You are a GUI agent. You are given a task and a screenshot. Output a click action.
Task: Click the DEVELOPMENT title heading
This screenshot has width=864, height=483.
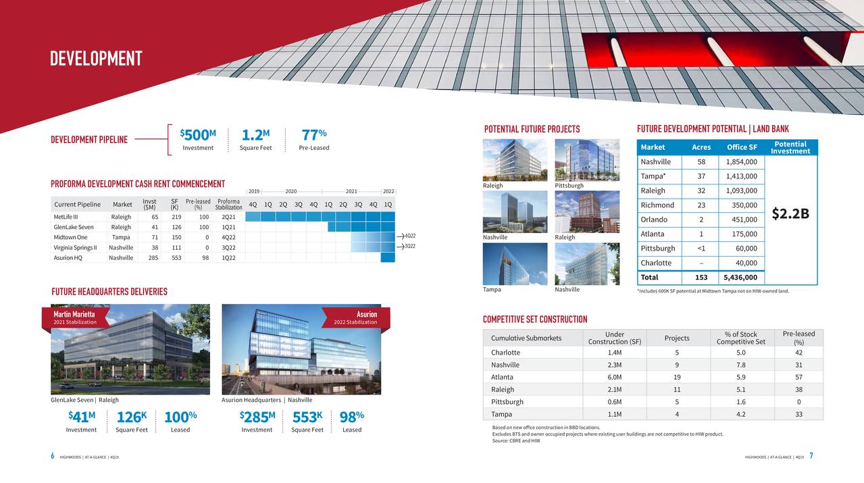coord(96,59)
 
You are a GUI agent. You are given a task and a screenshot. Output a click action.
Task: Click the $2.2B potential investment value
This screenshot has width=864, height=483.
coord(790,213)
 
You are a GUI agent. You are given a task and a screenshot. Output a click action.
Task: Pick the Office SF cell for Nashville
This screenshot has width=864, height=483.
coord(741,162)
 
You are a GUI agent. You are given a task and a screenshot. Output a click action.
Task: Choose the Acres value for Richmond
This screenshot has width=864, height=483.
coord(701,205)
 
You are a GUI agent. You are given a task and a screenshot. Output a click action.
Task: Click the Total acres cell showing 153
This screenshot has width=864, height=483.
coord(701,278)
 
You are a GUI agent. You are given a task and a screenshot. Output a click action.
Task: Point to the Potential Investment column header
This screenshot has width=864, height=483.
coord(790,148)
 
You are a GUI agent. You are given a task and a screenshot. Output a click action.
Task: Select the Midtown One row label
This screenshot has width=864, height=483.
coord(71,237)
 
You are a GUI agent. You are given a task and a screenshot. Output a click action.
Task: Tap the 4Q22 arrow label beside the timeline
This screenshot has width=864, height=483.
coord(409,236)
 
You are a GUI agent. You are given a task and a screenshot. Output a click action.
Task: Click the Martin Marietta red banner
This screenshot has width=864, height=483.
coord(75,317)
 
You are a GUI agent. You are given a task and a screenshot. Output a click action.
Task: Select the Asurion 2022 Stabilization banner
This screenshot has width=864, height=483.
coord(357,317)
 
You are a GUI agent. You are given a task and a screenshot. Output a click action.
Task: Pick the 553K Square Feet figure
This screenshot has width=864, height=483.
coord(307,417)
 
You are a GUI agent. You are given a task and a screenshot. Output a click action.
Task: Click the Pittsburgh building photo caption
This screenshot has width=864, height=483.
coord(569,186)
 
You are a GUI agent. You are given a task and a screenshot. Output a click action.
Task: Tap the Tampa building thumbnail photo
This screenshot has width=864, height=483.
coord(515,263)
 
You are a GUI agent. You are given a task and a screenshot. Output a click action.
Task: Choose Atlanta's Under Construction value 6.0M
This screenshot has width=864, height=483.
coord(615,377)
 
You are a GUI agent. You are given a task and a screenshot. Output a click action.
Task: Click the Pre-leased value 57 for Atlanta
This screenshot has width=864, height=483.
coord(798,377)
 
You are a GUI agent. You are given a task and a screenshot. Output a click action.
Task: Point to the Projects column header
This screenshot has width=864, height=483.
coord(677,338)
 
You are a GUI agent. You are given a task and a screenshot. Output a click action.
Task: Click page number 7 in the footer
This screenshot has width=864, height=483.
coord(811,456)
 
